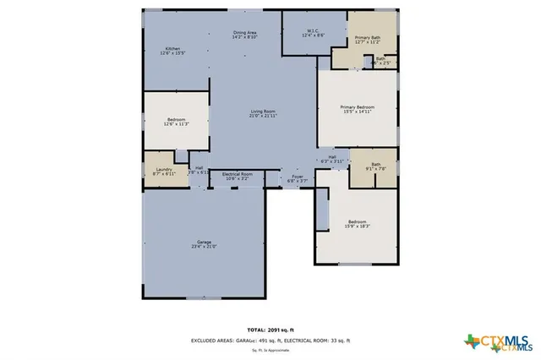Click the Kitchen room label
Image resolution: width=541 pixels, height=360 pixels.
click(172, 49)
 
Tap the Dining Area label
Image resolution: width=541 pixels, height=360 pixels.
click(245, 32)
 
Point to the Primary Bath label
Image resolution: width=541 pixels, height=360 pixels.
click(367, 38)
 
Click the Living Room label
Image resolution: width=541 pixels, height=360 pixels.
click(262, 112)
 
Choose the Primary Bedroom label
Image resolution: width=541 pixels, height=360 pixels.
click(357, 107)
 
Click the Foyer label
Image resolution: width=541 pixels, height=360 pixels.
click(298, 177)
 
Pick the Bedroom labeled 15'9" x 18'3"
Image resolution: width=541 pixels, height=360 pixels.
click(358, 225)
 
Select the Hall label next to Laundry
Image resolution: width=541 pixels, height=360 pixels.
click(198, 167)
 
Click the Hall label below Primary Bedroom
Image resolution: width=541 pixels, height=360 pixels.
click(332, 156)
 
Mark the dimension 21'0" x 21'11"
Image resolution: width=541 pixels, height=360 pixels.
click(262, 116)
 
